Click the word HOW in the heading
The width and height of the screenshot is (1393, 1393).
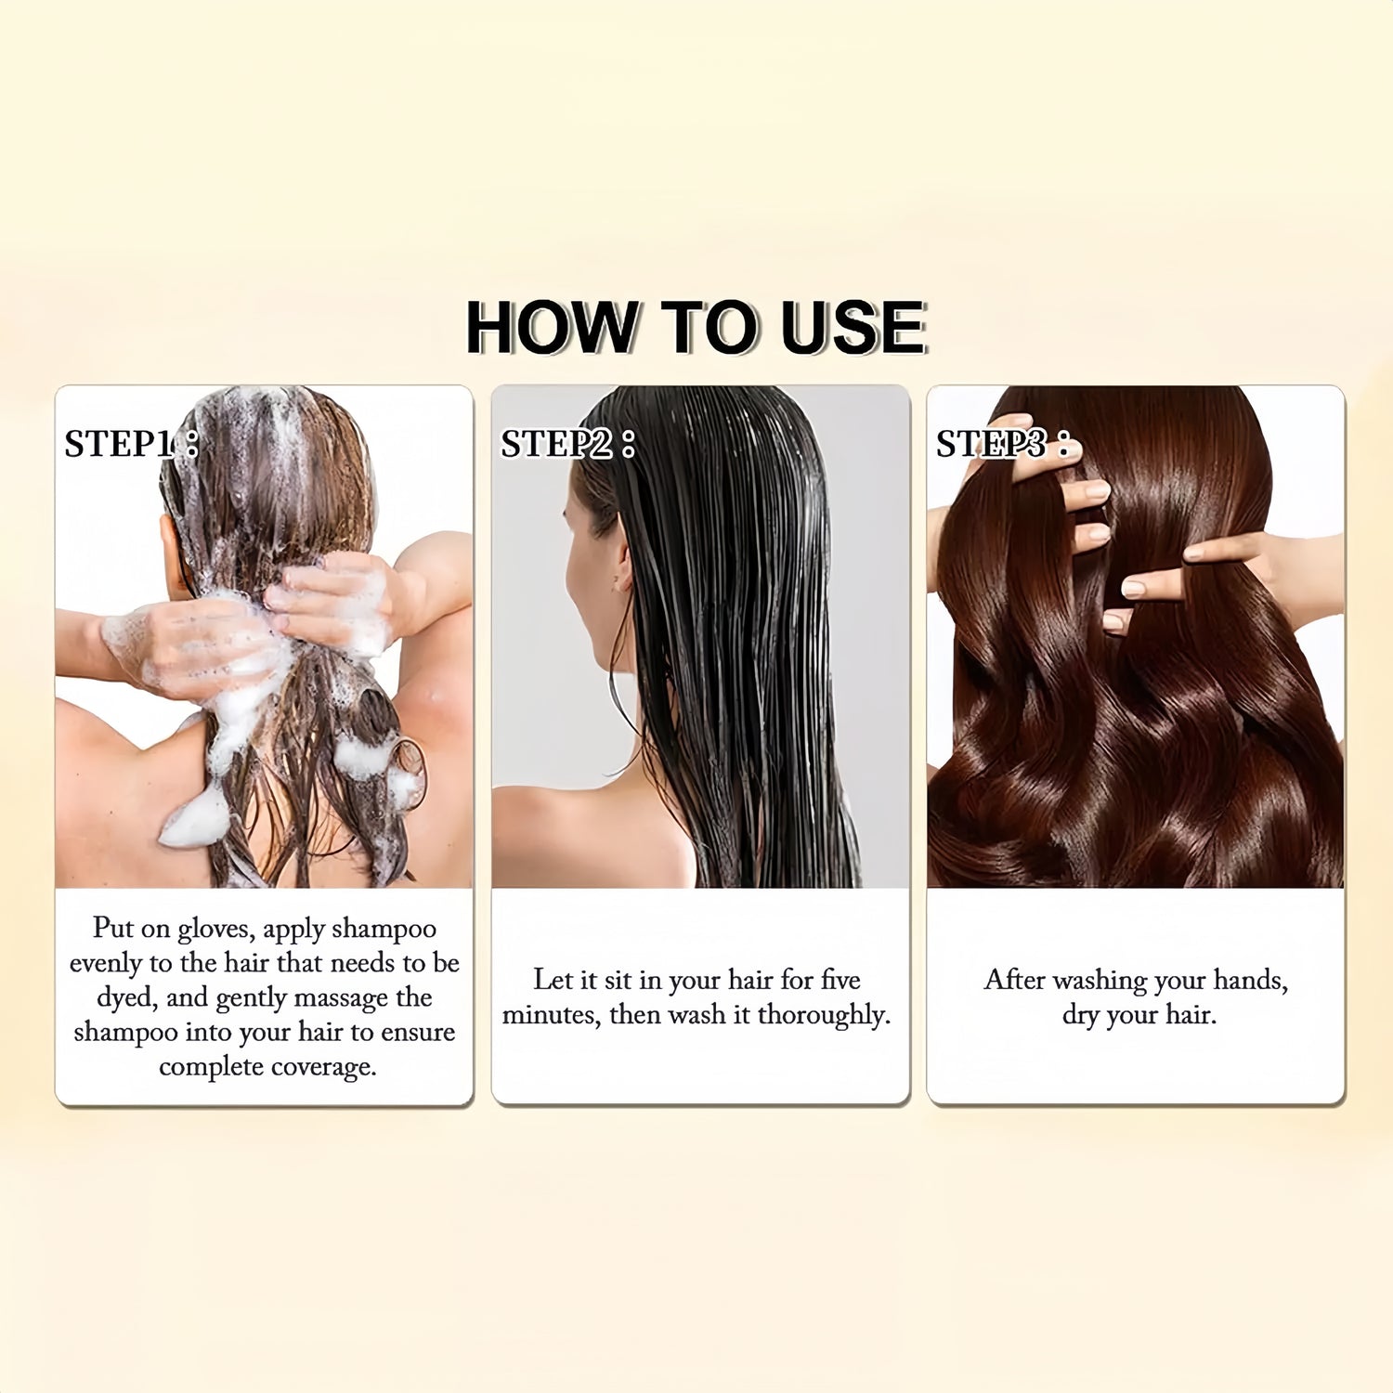coord(553,327)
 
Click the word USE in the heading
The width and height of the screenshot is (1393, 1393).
coord(853,327)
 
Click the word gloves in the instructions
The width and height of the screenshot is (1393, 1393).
coord(213,929)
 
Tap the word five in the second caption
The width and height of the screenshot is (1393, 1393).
coord(840,980)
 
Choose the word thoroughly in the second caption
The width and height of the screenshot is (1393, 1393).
coord(824,1015)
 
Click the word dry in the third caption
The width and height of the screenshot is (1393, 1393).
coord(1080,1015)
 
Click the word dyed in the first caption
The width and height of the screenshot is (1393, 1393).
coord(126,997)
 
